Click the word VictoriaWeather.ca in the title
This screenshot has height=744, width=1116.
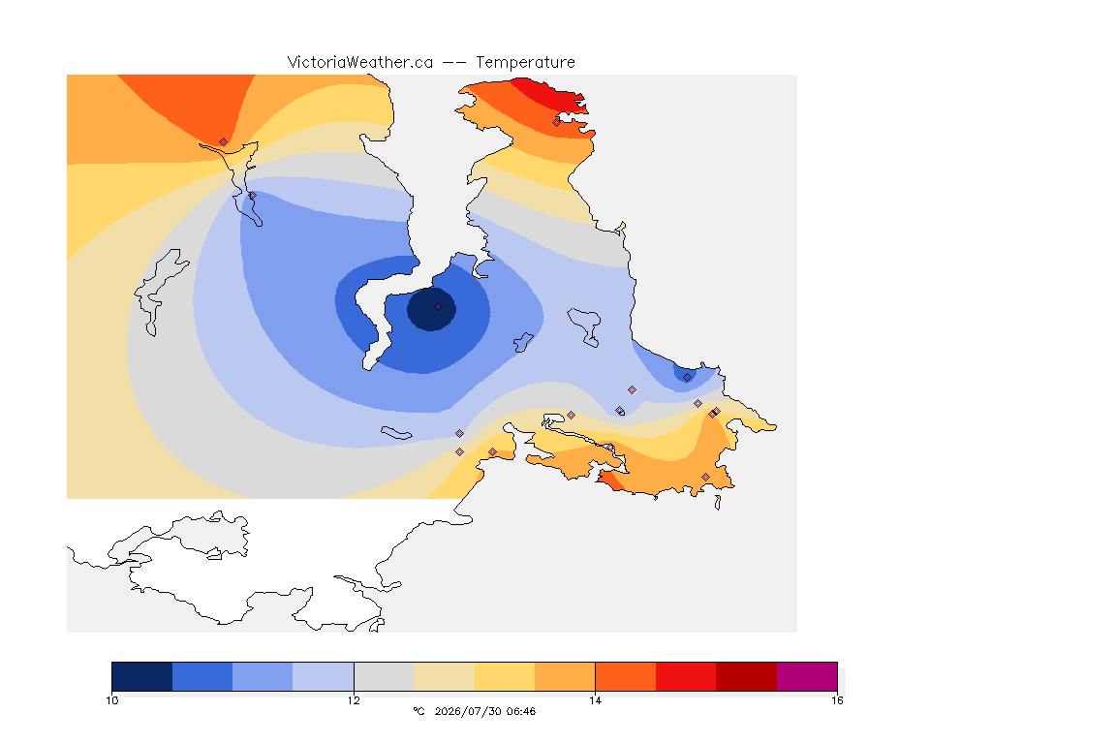360,62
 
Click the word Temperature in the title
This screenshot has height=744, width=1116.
525,62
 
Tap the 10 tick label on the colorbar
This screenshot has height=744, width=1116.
111,700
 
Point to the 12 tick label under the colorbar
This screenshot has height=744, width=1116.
354,700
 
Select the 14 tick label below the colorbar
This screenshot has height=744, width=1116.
595,700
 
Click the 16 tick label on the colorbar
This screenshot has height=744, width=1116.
837,700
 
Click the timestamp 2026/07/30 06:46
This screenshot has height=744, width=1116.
484,711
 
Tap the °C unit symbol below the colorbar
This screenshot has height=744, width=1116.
418,711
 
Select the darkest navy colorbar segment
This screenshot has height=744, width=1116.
141,676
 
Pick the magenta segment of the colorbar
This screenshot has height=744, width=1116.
806,676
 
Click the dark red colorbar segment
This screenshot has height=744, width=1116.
746,676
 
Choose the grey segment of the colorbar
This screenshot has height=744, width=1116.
384,676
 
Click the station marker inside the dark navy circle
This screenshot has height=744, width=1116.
439,307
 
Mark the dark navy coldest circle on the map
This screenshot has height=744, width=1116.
431,309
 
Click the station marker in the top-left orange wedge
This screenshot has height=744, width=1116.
224,142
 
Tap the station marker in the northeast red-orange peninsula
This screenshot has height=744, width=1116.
557,122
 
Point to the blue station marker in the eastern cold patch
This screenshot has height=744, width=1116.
687,378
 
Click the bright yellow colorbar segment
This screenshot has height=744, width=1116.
505,676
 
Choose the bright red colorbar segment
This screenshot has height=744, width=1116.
686,676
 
